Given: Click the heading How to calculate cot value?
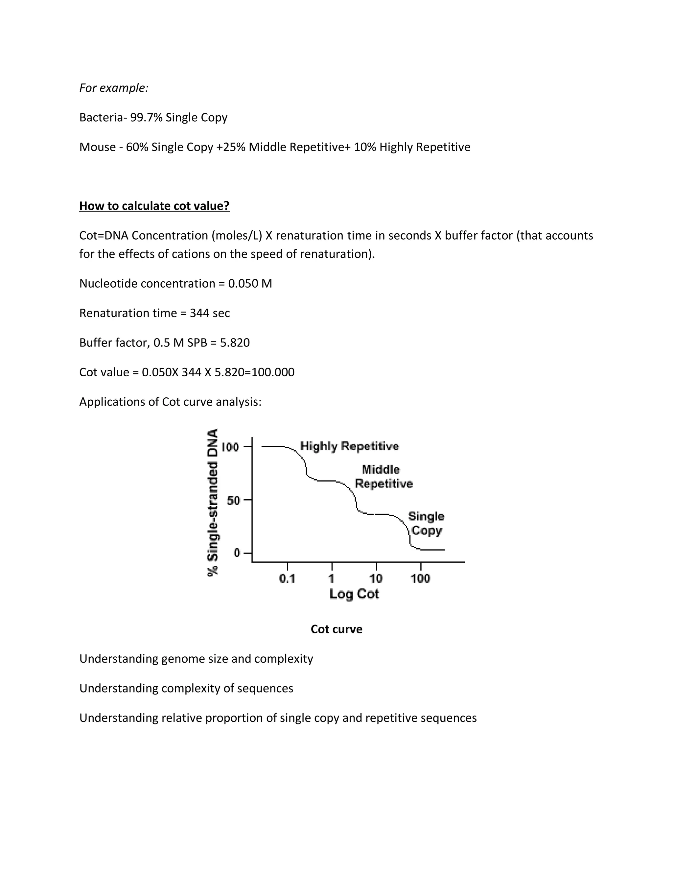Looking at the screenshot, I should point(154,206).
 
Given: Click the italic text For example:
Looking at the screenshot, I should point(114,88).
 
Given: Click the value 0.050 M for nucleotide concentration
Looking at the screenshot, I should point(250,284).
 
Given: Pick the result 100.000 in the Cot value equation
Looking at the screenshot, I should point(273,372).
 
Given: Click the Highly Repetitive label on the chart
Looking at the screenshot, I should point(349,446).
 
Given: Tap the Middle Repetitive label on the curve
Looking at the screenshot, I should point(383,477).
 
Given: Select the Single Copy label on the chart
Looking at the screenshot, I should point(426,523).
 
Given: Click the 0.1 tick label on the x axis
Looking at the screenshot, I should point(287,578).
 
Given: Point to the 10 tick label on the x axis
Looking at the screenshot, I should point(376,578).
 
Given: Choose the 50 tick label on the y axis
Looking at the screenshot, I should point(233,500).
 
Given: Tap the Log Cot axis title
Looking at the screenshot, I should point(354,594).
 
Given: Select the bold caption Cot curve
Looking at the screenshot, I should point(336,629).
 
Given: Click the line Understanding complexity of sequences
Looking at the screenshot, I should point(186,688).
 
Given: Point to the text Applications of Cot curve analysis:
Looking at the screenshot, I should point(170,402).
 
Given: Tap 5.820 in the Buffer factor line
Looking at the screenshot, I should point(235,342).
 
